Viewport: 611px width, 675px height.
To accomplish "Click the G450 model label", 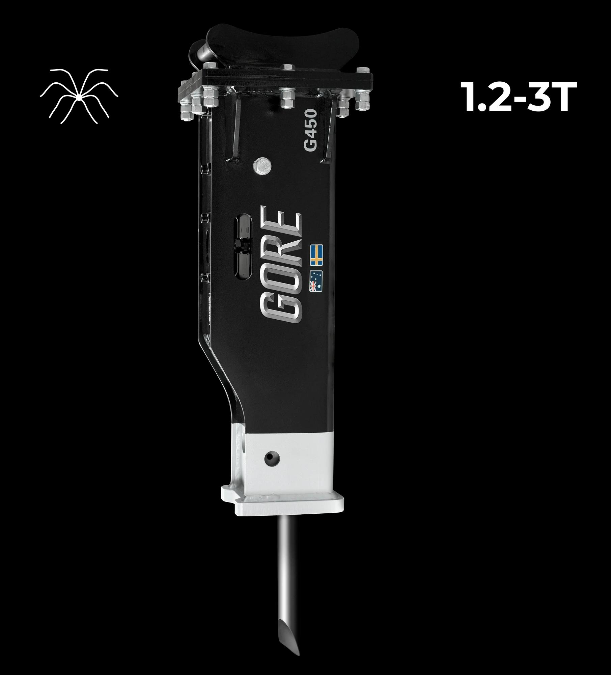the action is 310,130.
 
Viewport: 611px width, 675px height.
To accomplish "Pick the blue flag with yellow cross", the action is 316,254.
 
